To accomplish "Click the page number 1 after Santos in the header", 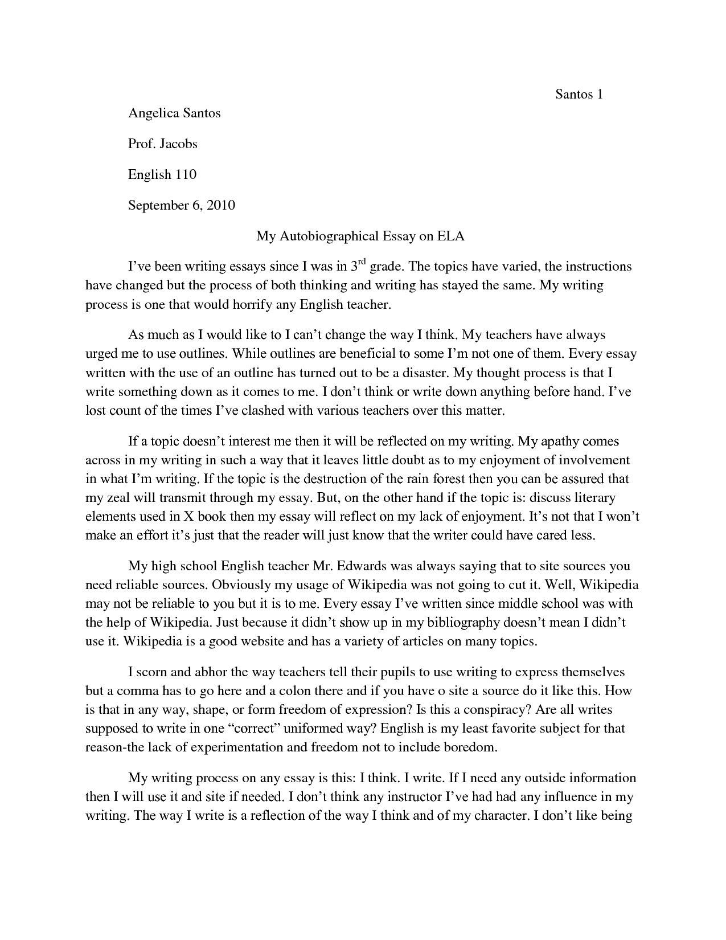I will tap(599, 95).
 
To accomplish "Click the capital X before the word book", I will tap(188, 517).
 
